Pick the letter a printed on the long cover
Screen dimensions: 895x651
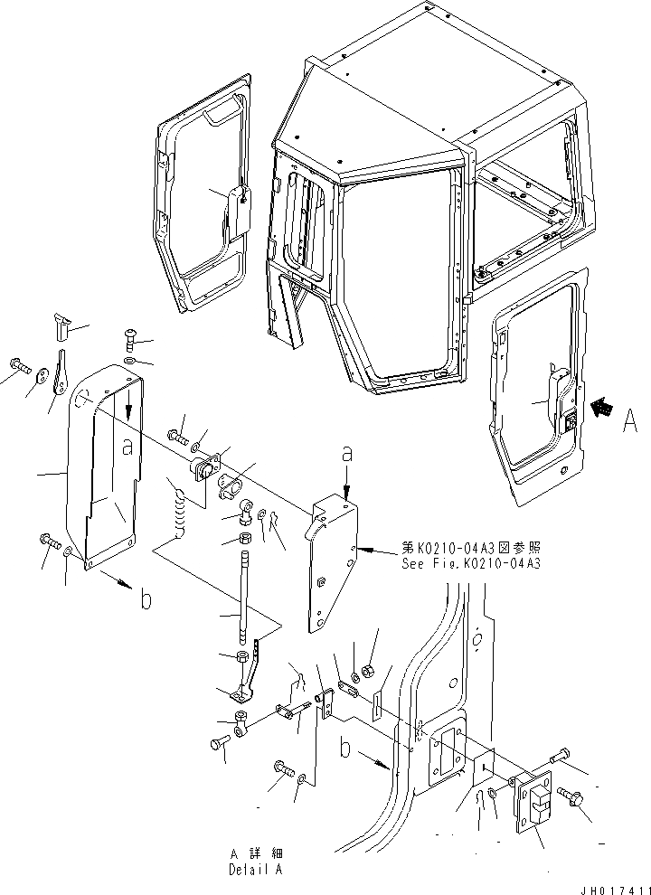point(128,447)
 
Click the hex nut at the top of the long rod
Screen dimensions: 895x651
point(244,541)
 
